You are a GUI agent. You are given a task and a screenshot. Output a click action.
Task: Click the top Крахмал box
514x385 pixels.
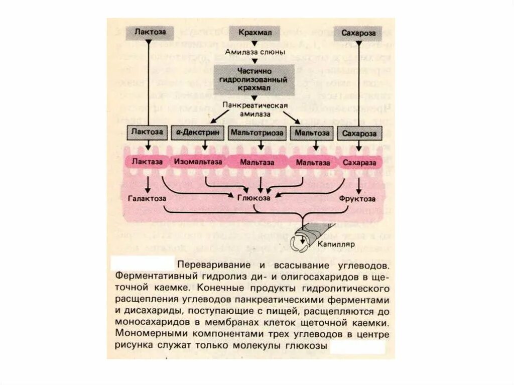pyautogui.click(x=255, y=33)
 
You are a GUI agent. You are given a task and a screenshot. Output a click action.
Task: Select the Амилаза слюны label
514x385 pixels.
pyautogui.click(x=255, y=52)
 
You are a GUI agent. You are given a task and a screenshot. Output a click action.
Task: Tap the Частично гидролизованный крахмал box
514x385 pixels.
pyautogui.click(x=254, y=79)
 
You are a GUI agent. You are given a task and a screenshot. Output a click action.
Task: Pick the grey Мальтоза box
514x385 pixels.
pyautogui.click(x=312, y=133)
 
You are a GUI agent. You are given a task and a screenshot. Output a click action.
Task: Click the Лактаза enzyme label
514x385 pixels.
pyautogui.click(x=147, y=162)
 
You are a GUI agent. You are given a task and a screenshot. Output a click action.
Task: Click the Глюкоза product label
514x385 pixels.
pyautogui.click(x=253, y=199)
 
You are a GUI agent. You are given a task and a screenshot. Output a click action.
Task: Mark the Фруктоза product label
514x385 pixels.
pyautogui.click(x=358, y=199)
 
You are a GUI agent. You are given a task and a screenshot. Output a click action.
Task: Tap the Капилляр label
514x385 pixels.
pyautogui.click(x=336, y=244)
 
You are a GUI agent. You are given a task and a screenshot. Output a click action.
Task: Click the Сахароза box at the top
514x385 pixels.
pyautogui.click(x=359, y=33)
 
